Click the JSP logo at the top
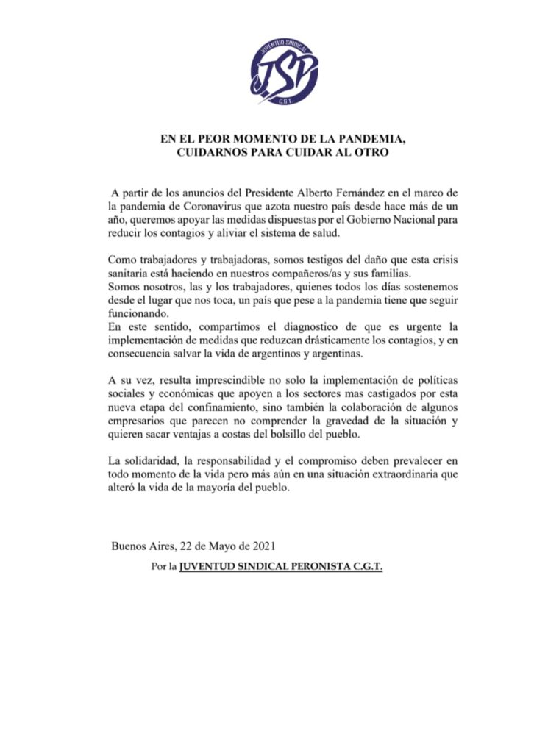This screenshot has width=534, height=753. pos(284,71)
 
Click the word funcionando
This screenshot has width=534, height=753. pos(137,312)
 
